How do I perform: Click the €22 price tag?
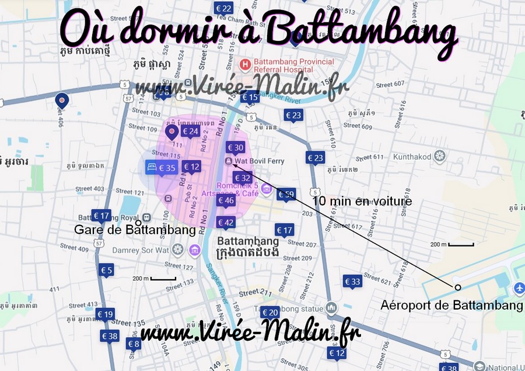tap(223, 8)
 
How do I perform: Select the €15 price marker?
tap(250, 97)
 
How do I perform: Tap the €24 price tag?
tap(190, 131)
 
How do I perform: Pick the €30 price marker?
tap(235, 148)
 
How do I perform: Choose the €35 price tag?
tap(166, 168)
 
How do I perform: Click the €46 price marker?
tap(226, 200)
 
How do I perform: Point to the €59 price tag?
tap(286, 194)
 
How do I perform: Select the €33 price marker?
tap(352, 282)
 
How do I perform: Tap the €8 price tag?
tap(134, 344)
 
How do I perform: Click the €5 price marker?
tap(106, 270)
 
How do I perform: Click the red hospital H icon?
tap(246, 63)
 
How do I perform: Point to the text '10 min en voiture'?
tap(362, 202)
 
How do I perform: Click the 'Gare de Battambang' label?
tap(135, 230)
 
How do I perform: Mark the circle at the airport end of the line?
tap(458, 287)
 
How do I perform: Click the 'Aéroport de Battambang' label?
tap(452, 305)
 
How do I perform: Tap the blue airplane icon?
tap(519, 289)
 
